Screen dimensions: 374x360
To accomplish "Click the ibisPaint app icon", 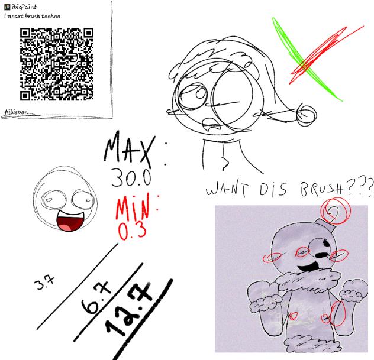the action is (7, 7).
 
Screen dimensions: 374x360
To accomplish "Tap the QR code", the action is (57, 64).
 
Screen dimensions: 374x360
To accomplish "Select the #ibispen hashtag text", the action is (16, 112).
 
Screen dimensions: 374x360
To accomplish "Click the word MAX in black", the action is (130, 150).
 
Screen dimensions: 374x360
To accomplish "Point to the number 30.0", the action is (131, 178).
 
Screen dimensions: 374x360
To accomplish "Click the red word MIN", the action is (133, 207).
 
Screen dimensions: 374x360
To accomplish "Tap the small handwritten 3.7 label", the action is (44, 282).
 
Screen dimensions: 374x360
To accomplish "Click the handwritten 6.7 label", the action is (96, 297).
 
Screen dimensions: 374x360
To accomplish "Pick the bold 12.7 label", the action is (129, 309).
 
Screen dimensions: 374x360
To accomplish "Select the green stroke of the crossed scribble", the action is (307, 59).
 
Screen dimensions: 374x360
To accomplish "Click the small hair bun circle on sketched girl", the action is (307, 115).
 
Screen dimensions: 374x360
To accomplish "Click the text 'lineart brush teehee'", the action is (32, 16).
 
